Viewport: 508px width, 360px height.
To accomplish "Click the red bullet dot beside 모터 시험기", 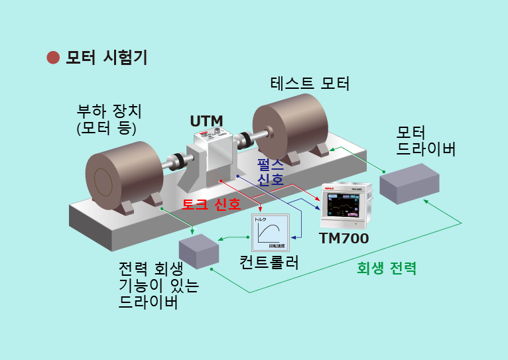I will click(x=53, y=58).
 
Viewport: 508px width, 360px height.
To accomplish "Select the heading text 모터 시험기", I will click(x=106, y=58).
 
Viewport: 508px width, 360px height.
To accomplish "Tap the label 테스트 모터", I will click(x=310, y=84).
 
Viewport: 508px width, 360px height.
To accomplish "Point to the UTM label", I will click(x=206, y=121).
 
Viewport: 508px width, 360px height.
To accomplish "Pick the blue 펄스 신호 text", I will click(x=271, y=171).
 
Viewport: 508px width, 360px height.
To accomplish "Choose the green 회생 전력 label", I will click(x=387, y=269).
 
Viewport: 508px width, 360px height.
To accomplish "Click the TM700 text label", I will click(x=344, y=237).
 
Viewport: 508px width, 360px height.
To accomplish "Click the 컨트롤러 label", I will click(x=269, y=262).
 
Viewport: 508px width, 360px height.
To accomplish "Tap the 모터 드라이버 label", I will click(x=426, y=140).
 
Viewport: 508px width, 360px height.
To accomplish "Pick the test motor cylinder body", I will click(x=292, y=126).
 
